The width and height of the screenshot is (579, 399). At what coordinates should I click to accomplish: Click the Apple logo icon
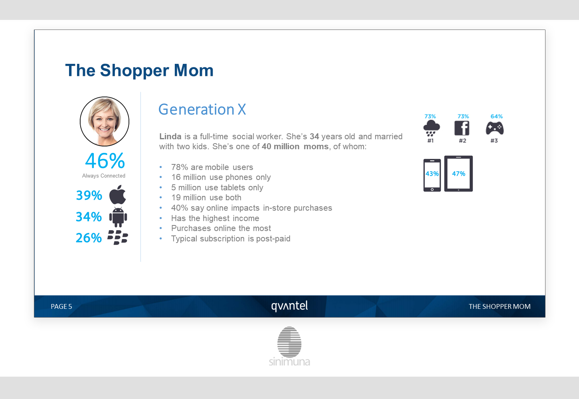point(118,195)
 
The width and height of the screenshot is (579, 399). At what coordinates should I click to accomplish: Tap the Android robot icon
point(118,217)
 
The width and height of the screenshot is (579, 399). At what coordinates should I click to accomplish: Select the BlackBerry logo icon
point(118,237)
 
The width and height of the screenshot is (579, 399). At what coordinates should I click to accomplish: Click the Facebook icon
point(462,128)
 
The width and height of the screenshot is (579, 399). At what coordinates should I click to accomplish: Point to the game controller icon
point(495,128)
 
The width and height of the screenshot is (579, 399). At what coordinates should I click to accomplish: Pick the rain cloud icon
point(431,128)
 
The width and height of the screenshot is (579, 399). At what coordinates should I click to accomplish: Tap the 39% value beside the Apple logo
point(89,196)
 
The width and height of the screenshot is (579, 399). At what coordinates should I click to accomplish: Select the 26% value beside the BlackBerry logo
point(89,238)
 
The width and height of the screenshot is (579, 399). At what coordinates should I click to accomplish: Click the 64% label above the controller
point(496,116)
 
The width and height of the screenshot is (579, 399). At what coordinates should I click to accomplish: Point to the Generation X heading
point(202,109)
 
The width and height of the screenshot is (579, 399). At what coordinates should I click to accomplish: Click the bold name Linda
point(170,136)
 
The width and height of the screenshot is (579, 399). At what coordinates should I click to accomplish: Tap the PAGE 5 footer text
point(61,306)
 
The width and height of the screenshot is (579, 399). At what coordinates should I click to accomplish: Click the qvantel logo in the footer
point(290,306)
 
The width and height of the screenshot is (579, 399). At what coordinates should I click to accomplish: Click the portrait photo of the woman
point(105,121)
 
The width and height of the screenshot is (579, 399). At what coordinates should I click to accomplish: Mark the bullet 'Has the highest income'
point(215,218)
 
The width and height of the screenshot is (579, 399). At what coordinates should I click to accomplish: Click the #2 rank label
point(462,140)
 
